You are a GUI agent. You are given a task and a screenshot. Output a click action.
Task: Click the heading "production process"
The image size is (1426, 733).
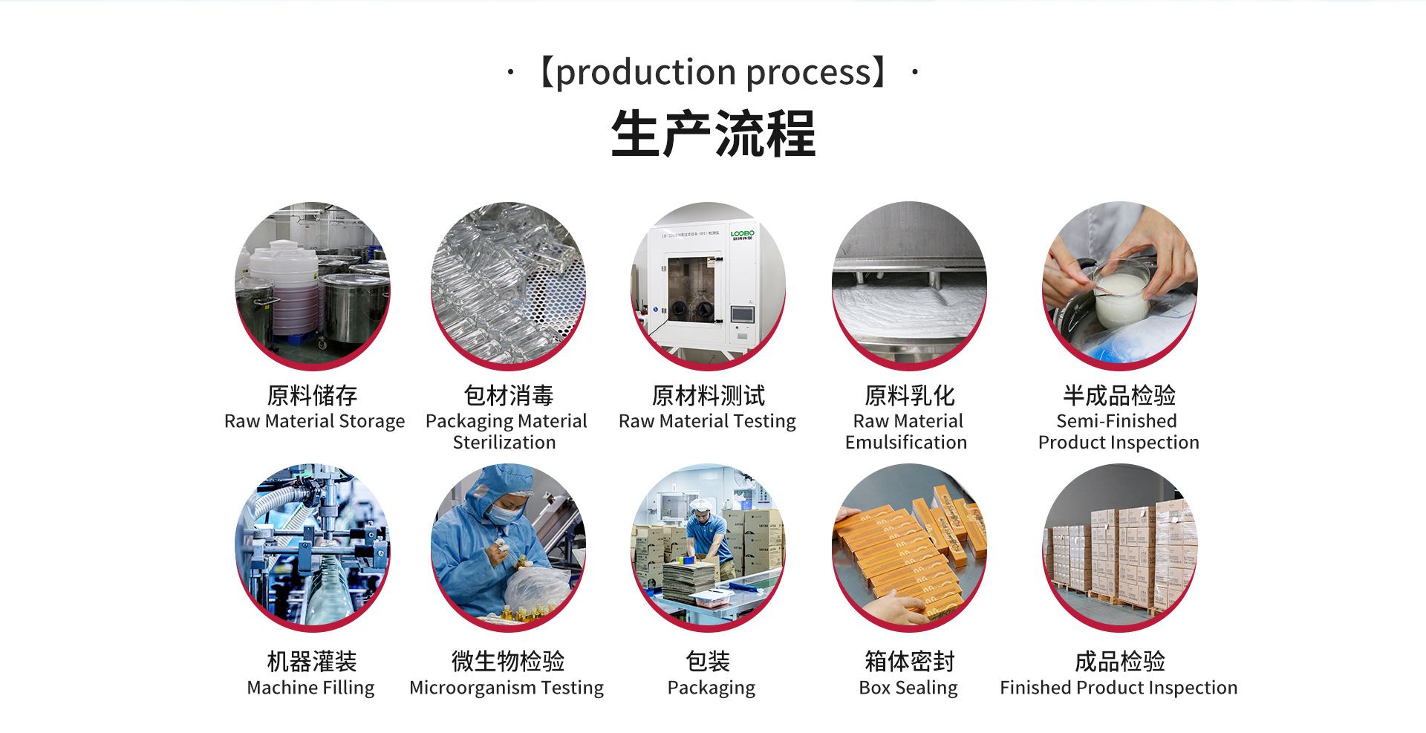tap(712, 73)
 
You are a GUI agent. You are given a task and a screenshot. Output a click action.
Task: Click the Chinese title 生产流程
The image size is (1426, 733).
tap(713, 134)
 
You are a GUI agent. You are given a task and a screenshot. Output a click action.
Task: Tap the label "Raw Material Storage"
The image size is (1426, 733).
tap(314, 421)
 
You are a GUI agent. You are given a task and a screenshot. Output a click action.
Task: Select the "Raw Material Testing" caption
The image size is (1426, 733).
tap(707, 421)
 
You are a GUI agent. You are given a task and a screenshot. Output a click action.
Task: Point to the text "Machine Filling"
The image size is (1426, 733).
tap(310, 688)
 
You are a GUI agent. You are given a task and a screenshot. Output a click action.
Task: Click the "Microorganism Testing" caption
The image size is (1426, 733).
tap(507, 688)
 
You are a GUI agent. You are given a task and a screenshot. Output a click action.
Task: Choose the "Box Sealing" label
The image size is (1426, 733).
tap(908, 688)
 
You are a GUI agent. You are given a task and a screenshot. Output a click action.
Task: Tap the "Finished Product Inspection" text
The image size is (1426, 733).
tap(1119, 688)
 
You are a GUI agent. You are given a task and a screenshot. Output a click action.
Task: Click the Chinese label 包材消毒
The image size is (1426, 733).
tap(509, 395)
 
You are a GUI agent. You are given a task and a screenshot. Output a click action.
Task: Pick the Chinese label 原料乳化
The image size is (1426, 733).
tap(909, 395)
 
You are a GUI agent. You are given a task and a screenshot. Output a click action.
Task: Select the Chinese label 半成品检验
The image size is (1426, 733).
tap(1119, 395)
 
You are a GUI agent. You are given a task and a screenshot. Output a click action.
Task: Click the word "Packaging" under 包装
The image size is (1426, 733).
tap(711, 688)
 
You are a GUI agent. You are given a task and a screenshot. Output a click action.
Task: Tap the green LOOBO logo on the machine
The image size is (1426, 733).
tap(742, 234)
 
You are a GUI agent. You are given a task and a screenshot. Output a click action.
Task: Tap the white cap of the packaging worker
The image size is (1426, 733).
tap(700, 505)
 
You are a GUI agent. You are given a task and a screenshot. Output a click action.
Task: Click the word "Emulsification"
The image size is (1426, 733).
tap(906, 443)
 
